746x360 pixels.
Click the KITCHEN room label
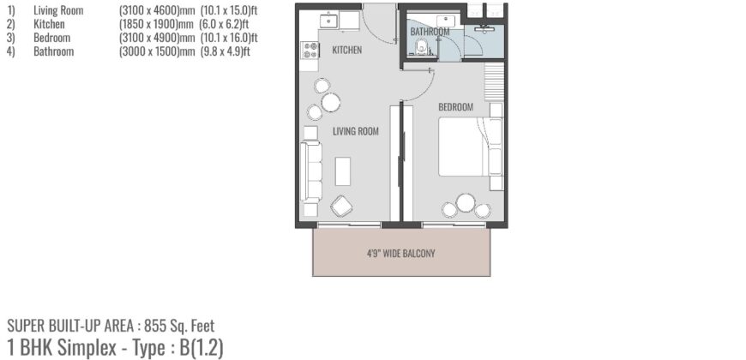click(x=346, y=51)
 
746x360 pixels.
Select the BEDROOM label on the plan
click(x=455, y=107)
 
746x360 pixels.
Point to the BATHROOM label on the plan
click(x=430, y=33)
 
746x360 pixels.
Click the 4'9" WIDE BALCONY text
click(x=401, y=253)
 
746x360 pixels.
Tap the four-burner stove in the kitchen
click(x=310, y=50)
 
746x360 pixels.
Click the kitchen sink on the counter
click(x=328, y=18)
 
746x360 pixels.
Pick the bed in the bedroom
click(x=469, y=147)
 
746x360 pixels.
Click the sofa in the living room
click(x=310, y=171)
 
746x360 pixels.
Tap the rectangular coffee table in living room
click(x=343, y=171)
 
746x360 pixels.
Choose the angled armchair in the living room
click(x=341, y=206)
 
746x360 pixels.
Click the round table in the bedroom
click(x=466, y=203)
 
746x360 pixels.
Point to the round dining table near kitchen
click(x=331, y=103)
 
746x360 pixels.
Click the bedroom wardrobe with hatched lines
click(x=495, y=83)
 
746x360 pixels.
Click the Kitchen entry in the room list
click(x=49, y=24)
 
